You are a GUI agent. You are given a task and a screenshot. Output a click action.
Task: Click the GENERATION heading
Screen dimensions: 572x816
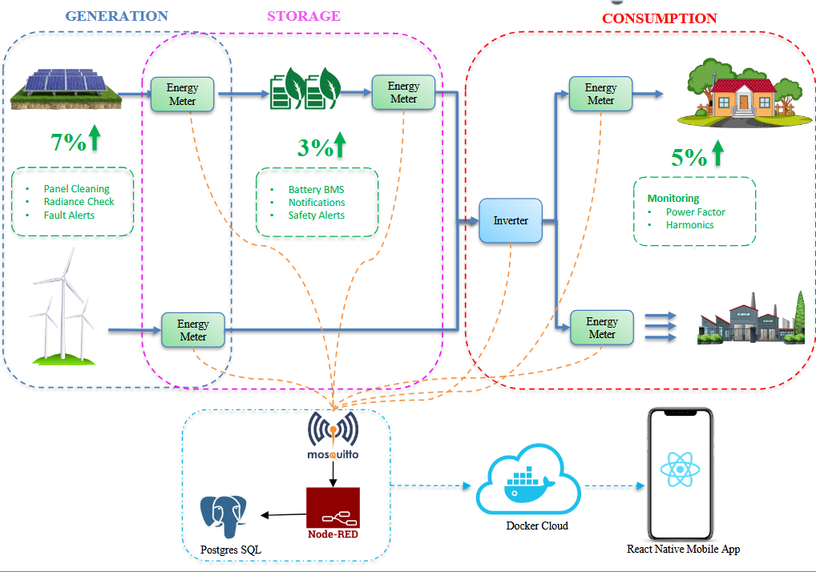[x=116, y=16]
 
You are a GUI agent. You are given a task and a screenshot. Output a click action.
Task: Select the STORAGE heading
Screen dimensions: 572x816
[x=303, y=16]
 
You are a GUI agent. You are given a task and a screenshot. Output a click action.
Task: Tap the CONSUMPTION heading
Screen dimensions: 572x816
[x=659, y=18]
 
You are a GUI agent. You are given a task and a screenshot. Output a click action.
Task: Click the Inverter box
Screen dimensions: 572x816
[x=511, y=220]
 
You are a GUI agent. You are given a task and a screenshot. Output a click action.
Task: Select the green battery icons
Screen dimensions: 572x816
[x=305, y=89]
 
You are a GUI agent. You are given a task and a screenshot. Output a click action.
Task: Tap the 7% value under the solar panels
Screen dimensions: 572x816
[x=68, y=143]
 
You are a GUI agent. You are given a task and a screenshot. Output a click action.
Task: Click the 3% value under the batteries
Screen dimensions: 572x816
[x=315, y=147]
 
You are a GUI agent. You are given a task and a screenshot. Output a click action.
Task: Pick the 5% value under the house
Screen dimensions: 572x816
[x=689, y=158]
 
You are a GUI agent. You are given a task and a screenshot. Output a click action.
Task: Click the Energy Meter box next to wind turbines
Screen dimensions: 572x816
[x=192, y=330]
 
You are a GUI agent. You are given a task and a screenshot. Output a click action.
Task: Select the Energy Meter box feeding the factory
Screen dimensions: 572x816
[x=601, y=328]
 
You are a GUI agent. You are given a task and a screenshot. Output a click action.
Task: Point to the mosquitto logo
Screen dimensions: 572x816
[x=332, y=436]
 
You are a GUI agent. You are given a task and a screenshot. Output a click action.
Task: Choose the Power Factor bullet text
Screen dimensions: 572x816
[x=695, y=212]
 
